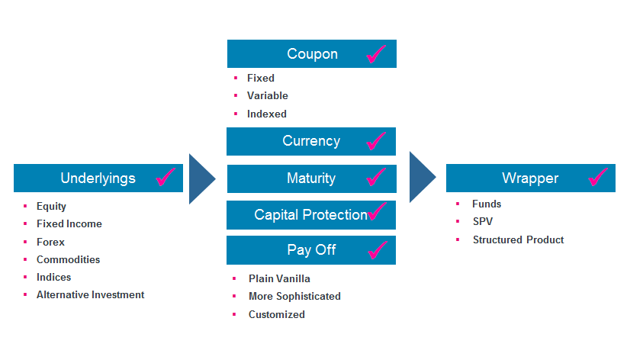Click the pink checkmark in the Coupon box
[375, 54]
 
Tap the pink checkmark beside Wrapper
[597, 177]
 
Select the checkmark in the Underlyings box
[166, 177]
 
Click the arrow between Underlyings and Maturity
[202, 178]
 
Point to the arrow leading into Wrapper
[423, 177]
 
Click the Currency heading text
[311, 141]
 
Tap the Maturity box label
[311, 178]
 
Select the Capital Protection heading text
[311, 215]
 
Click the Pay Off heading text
[312, 250]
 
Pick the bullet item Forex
[50, 243]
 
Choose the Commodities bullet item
[68, 259]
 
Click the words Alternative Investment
[90, 295]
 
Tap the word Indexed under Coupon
[266, 114]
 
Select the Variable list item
[268, 95]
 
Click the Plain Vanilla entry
[279, 279]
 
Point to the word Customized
[276, 314]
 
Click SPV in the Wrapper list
[483, 221]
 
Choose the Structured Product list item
[519, 239]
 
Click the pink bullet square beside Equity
[25, 206]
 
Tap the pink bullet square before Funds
[458, 204]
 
